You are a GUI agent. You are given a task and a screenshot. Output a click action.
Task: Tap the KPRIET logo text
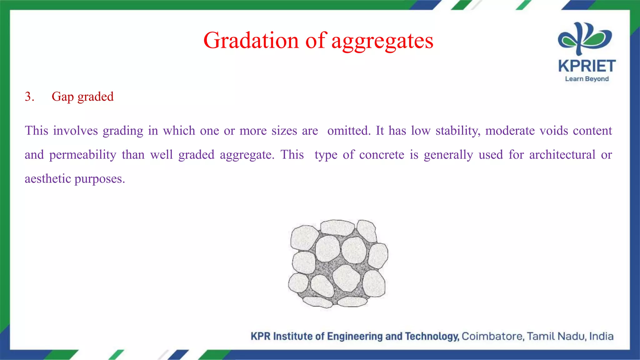coord(587,66)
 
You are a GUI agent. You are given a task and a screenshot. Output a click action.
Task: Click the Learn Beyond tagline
coord(587,79)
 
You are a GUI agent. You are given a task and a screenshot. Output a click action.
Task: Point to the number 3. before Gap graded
coord(29,97)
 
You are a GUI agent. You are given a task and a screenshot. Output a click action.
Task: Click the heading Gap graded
coord(82,97)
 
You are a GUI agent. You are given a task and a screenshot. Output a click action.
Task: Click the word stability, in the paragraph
coord(458,131)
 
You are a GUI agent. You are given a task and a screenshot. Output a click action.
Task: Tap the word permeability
coord(83,155)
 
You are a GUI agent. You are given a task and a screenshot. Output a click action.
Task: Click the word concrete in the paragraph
coord(382,155)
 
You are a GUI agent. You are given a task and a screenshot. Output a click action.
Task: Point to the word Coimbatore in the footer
coord(493,336)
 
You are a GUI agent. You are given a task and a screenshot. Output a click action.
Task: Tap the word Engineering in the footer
coord(355,337)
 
